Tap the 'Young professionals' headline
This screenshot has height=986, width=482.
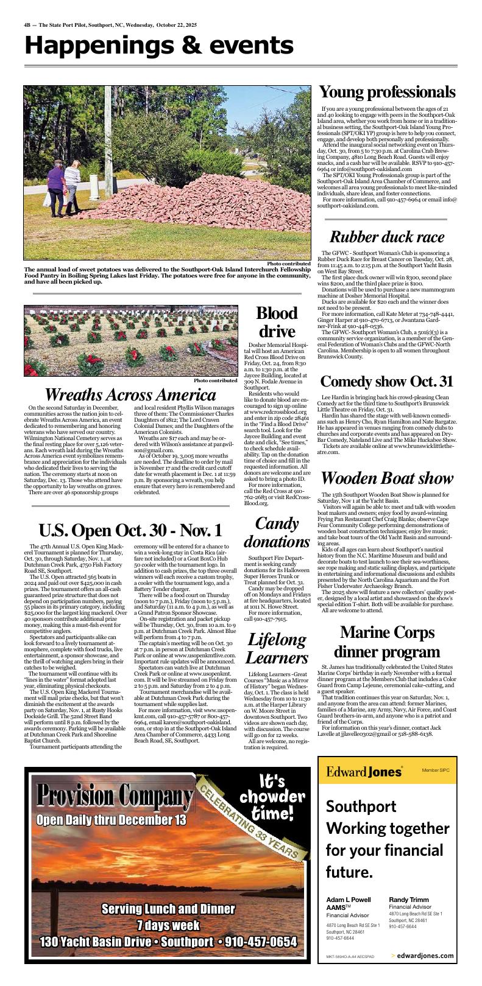tap(387, 93)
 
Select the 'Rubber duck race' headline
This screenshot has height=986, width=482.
tap(387, 237)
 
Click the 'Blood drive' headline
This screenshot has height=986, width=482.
tap(277, 323)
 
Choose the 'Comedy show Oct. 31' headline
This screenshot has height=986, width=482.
tap(387, 382)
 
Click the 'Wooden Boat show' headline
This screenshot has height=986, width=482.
tap(387, 478)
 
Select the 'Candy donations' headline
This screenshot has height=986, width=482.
tap(277, 533)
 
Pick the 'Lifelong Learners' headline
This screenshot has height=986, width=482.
tap(277, 649)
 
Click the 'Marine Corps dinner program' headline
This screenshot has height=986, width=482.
tap(387, 642)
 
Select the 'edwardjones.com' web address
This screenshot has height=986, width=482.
tap(425, 956)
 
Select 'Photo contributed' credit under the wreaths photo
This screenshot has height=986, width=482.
tap(215, 380)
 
